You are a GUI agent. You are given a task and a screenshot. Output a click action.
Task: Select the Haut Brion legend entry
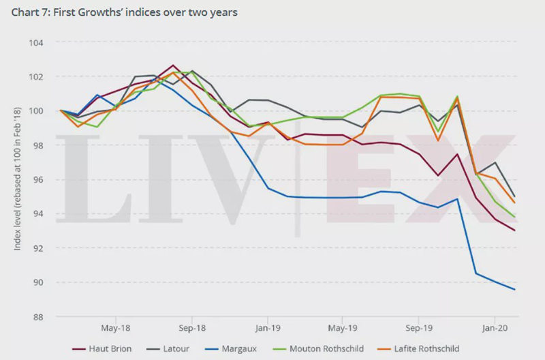coord(108,349)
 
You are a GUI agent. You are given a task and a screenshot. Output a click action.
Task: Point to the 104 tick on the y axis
coord(35,42)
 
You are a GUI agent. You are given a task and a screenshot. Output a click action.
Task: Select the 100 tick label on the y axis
coord(35,111)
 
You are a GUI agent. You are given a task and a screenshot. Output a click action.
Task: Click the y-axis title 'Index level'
coord(18,180)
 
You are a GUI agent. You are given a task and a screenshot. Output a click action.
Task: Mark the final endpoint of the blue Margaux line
coord(514,290)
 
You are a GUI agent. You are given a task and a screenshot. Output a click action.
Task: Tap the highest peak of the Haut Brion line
coord(173,65)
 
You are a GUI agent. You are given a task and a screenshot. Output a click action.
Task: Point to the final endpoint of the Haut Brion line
coord(514,230)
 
